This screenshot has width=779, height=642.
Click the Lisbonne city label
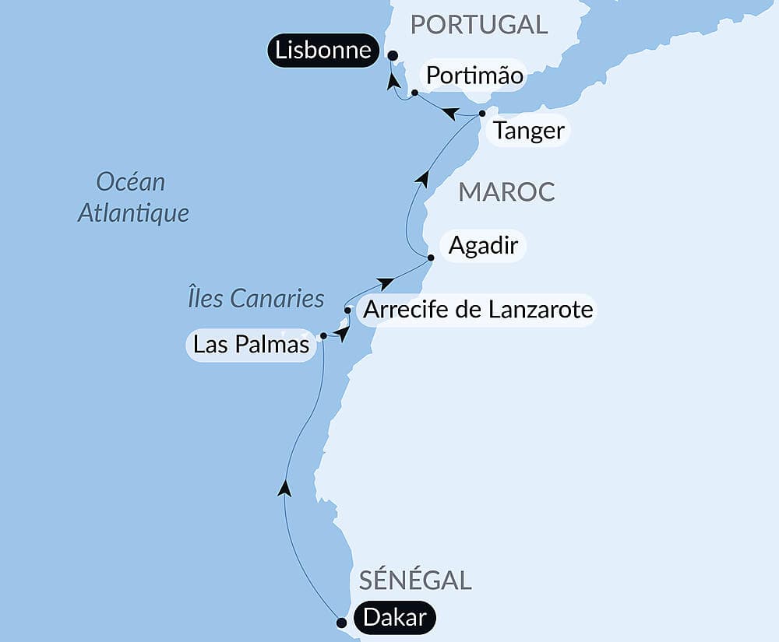click(323, 51)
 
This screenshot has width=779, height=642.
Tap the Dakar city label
click(394, 618)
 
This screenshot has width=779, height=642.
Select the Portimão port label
click(474, 77)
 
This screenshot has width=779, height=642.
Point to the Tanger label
click(529, 130)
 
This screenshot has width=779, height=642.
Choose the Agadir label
click(483, 246)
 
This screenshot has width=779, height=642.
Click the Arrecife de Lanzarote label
click(478, 310)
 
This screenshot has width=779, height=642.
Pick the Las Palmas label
click(251, 344)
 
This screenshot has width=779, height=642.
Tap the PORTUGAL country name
click(479, 24)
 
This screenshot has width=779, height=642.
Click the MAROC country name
click(506, 191)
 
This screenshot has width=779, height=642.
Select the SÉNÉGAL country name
click(415, 580)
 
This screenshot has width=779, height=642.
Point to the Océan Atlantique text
click(133, 198)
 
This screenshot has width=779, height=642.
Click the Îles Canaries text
click(256, 298)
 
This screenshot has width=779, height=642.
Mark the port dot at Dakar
click(340, 623)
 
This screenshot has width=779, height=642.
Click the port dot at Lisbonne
click(392, 55)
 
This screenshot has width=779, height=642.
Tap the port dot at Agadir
click(430, 257)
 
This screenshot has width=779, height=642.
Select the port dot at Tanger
click(482, 114)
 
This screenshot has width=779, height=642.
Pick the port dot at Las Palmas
click(323, 336)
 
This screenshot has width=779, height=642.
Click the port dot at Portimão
click(414, 93)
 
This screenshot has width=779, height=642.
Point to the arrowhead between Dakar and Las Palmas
click(284, 488)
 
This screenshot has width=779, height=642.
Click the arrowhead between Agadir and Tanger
click(421, 178)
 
